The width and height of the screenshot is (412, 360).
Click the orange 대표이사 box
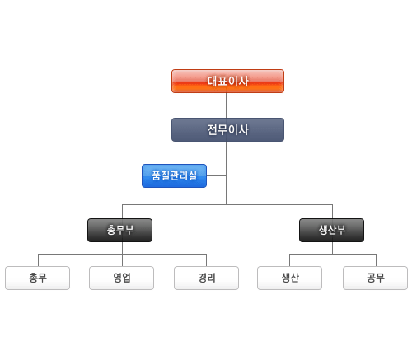[x=227, y=81]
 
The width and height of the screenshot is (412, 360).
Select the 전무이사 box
[x=227, y=129]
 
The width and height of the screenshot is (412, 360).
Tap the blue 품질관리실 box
[x=174, y=175]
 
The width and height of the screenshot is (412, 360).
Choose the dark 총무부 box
[x=119, y=230]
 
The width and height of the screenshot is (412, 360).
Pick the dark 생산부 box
[x=331, y=230]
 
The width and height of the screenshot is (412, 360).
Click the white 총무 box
[x=37, y=278]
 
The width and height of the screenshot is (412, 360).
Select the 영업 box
[x=121, y=278]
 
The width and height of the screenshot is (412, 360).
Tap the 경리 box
[x=206, y=278]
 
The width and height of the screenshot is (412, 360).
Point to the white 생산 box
[x=289, y=278]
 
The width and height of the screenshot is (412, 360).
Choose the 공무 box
[x=375, y=278]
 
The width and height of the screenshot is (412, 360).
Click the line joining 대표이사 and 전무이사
[x=226, y=105]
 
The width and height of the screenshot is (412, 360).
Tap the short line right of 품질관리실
[x=217, y=175]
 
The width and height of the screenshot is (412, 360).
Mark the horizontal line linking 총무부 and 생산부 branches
[x=227, y=204]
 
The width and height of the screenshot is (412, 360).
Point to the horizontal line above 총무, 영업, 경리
[x=122, y=254]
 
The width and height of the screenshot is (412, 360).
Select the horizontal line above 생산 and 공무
[x=333, y=254]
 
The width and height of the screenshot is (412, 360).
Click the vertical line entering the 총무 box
[x=38, y=260]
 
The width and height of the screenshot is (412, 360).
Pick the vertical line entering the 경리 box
[x=206, y=260]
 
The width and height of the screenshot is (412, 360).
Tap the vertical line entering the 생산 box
[x=289, y=260]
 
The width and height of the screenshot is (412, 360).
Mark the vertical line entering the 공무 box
[x=376, y=260]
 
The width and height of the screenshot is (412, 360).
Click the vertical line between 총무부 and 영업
[x=122, y=254]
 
